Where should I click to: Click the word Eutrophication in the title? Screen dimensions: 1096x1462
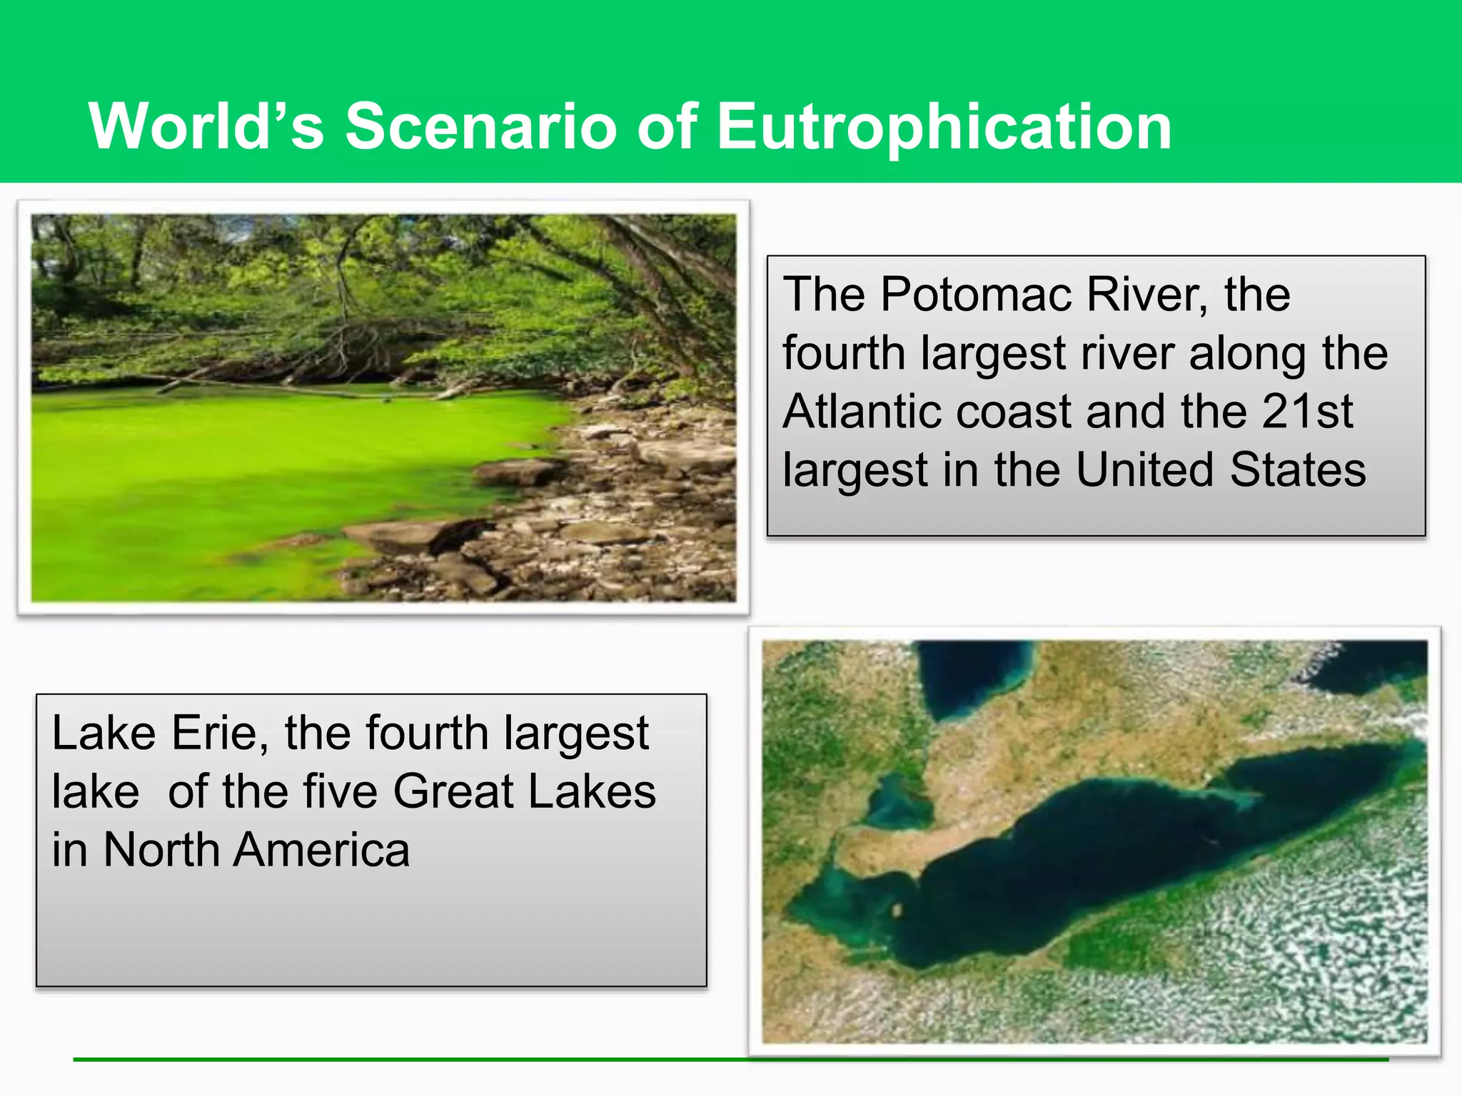pyautogui.click(x=944, y=126)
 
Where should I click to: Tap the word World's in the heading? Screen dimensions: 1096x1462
pyautogui.click(x=206, y=126)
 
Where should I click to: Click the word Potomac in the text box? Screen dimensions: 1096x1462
pyautogui.click(x=975, y=294)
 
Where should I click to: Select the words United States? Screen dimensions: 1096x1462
pyautogui.click(x=1221, y=470)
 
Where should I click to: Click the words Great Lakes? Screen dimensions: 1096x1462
pyautogui.click(x=524, y=791)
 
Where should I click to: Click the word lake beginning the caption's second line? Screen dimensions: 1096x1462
pyautogui.click(x=95, y=791)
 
